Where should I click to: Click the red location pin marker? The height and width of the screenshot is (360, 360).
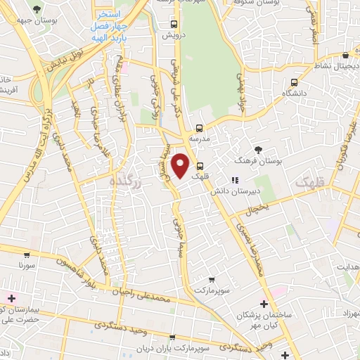pos(181,166)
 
